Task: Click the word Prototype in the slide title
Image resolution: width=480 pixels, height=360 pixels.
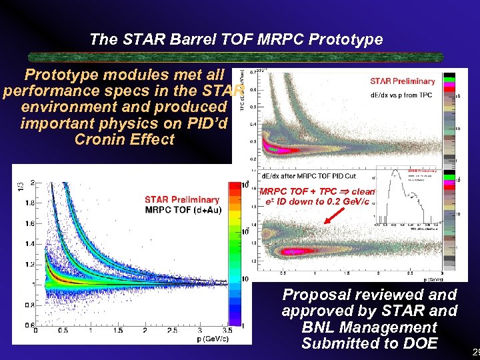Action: (x=351, y=39)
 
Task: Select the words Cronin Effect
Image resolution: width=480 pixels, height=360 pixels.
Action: (x=125, y=139)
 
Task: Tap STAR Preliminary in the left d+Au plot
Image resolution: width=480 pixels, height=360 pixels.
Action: (x=182, y=199)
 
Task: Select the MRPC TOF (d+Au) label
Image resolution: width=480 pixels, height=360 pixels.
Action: (x=184, y=211)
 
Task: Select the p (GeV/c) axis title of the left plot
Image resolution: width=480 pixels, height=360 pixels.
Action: (x=213, y=339)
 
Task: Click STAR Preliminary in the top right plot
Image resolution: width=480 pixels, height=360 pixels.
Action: (x=402, y=81)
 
